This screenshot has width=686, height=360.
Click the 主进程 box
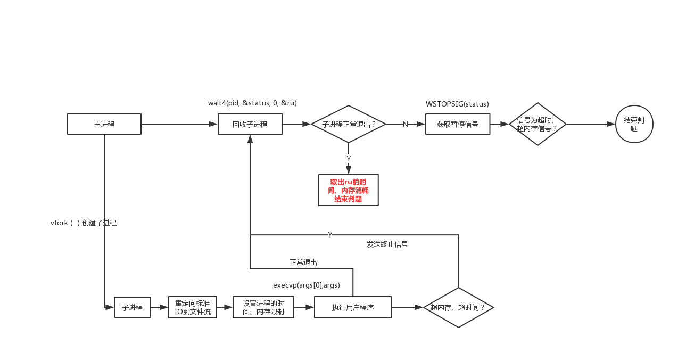tap(104, 124)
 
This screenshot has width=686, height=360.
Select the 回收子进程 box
tap(250, 125)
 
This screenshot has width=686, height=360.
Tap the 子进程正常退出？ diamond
tap(348, 124)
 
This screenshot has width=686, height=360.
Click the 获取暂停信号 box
tap(457, 124)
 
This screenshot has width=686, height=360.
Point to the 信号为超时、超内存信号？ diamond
tap(538, 124)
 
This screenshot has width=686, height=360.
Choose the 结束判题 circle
tap(634, 124)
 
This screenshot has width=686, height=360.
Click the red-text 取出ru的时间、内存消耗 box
tap(348, 190)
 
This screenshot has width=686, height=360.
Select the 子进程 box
tap(133, 307)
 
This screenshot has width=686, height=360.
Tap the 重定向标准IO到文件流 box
tap(193, 307)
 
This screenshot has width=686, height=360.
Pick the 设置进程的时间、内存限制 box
tap(263, 307)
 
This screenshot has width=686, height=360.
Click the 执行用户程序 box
tap(352, 307)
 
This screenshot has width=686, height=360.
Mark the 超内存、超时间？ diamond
tap(458, 307)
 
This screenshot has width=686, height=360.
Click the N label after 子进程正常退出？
tap(405, 124)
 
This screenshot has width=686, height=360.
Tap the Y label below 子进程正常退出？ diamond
tap(349, 159)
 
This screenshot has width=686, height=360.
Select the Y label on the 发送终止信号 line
tap(330, 235)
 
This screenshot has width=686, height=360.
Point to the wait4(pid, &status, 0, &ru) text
tap(252, 103)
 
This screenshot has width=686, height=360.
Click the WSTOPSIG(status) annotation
tap(457, 104)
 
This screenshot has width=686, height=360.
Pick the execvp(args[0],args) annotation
tap(306, 285)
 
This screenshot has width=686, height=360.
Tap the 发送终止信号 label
tap(387, 244)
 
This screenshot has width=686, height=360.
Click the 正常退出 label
tap(303, 263)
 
